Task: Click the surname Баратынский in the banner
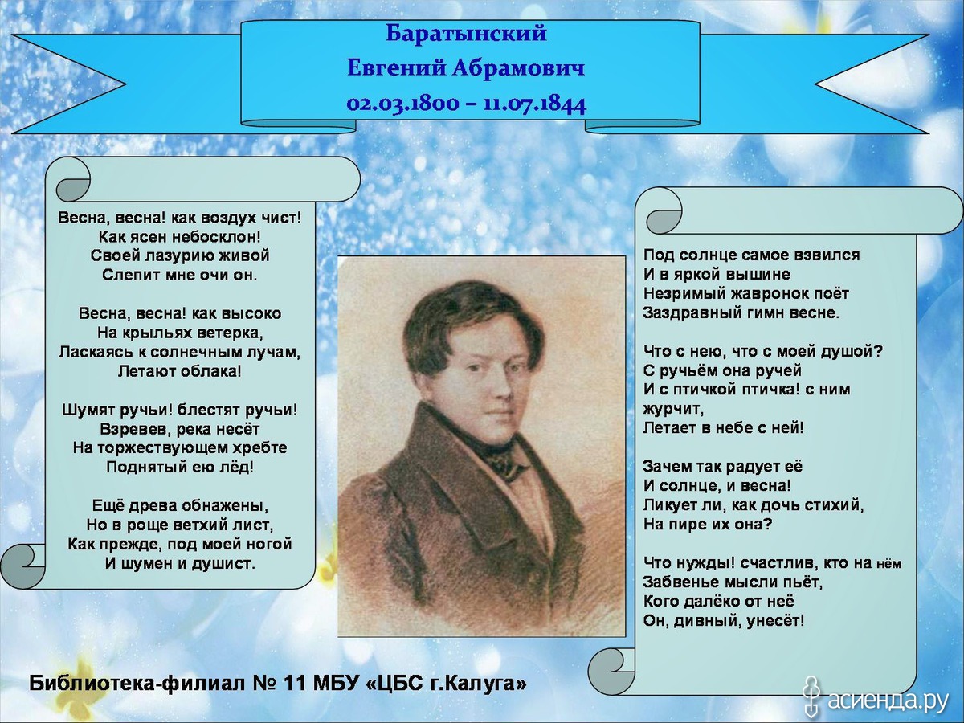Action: pyautogui.click(x=467, y=34)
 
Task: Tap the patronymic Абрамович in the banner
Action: pyautogui.click(x=518, y=68)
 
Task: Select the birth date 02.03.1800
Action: pyautogui.click(x=402, y=104)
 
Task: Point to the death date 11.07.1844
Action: pyautogui.click(x=535, y=104)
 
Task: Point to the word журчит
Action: pyautogui.click(x=672, y=409)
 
